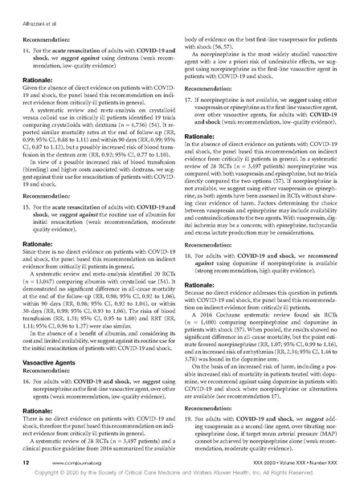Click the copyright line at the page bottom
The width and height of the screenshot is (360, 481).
tap(180, 474)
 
